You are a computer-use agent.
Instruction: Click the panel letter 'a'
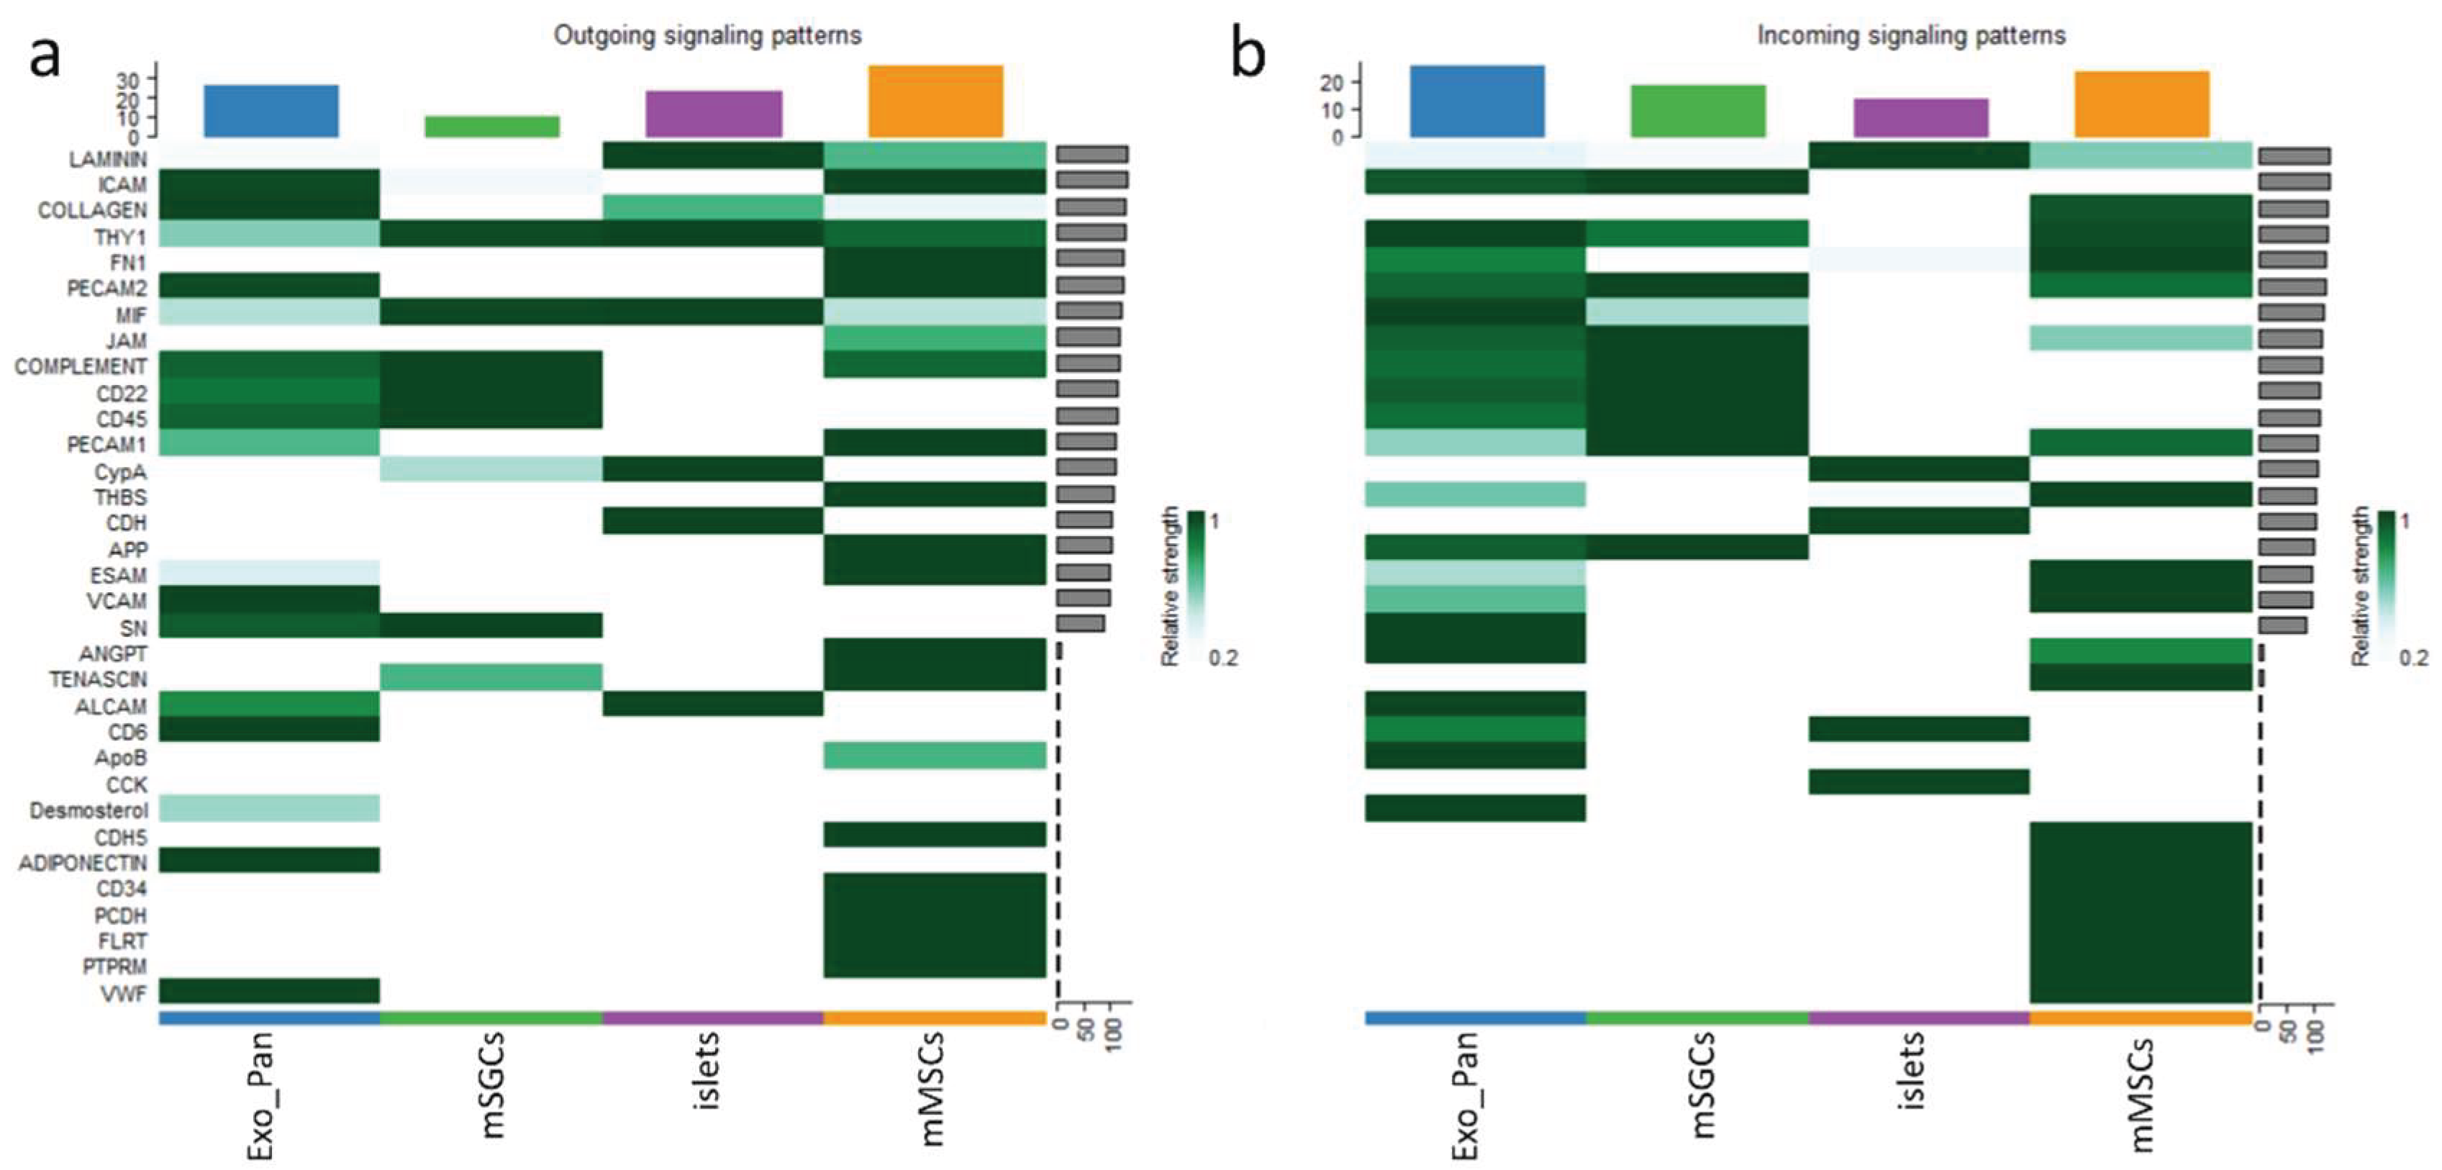coord(45,56)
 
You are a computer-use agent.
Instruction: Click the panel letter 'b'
coord(1248,56)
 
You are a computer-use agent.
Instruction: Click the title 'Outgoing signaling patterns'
coord(707,36)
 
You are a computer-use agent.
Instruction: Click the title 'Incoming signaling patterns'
coord(1911,36)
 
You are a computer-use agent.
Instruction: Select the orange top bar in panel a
coord(935,101)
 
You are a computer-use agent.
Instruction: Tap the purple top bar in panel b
coord(1920,117)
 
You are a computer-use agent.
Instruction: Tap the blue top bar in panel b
coord(1477,101)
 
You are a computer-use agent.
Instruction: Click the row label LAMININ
coord(107,158)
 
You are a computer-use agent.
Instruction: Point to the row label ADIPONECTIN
coord(83,863)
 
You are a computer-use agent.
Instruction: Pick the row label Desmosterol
coord(88,811)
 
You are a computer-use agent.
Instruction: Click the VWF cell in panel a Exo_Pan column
coord(269,991)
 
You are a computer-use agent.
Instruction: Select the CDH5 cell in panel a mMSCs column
coord(935,835)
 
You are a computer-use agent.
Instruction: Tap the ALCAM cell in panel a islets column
coord(713,704)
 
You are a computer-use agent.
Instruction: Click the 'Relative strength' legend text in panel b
coord(2361,585)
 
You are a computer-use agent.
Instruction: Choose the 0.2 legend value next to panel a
coord(1223,658)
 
